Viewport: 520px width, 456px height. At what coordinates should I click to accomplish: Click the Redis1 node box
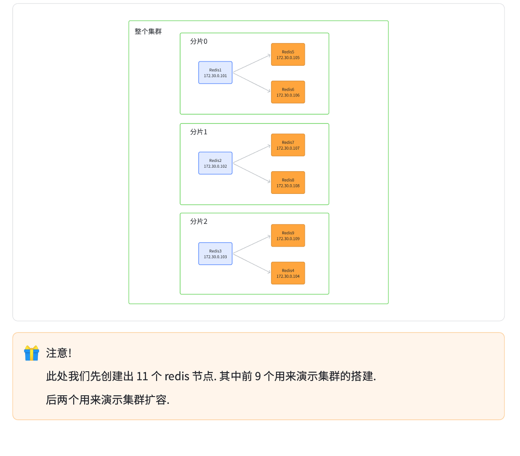point(215,72)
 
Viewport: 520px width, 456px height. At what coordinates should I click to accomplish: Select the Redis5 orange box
point(288,54)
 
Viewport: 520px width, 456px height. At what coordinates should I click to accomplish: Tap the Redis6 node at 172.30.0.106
point(288,92)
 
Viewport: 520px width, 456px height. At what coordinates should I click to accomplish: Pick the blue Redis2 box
point(215,163)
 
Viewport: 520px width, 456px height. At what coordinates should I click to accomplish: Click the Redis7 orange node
point(288,145)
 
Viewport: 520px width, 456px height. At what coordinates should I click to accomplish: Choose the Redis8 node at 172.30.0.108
point(288,182)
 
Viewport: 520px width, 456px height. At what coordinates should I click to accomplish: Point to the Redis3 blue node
point(215,254)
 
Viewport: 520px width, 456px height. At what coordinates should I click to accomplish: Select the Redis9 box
point(288,236)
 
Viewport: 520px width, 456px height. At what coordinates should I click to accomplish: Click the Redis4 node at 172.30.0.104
point(288,273)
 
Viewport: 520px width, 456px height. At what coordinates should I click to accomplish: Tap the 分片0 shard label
point(199,41)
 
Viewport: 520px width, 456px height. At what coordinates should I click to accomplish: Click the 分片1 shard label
point(199,132)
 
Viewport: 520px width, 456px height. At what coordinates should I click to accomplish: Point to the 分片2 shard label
point(199,221)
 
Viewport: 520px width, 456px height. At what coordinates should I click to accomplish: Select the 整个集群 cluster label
point(148,32)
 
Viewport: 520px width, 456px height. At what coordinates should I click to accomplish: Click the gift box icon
point(32,353)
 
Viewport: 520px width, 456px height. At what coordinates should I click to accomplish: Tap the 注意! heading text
point(58,353)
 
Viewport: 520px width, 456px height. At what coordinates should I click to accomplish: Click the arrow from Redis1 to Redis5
point(252,63)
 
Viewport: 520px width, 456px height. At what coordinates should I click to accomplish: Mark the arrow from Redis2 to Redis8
point(252,173)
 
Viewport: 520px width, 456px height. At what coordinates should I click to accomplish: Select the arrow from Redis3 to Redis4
point(252,263)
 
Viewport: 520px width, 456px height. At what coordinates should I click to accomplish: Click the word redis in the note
point(177,376)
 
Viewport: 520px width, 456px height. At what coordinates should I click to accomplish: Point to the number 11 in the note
point(142,376)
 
